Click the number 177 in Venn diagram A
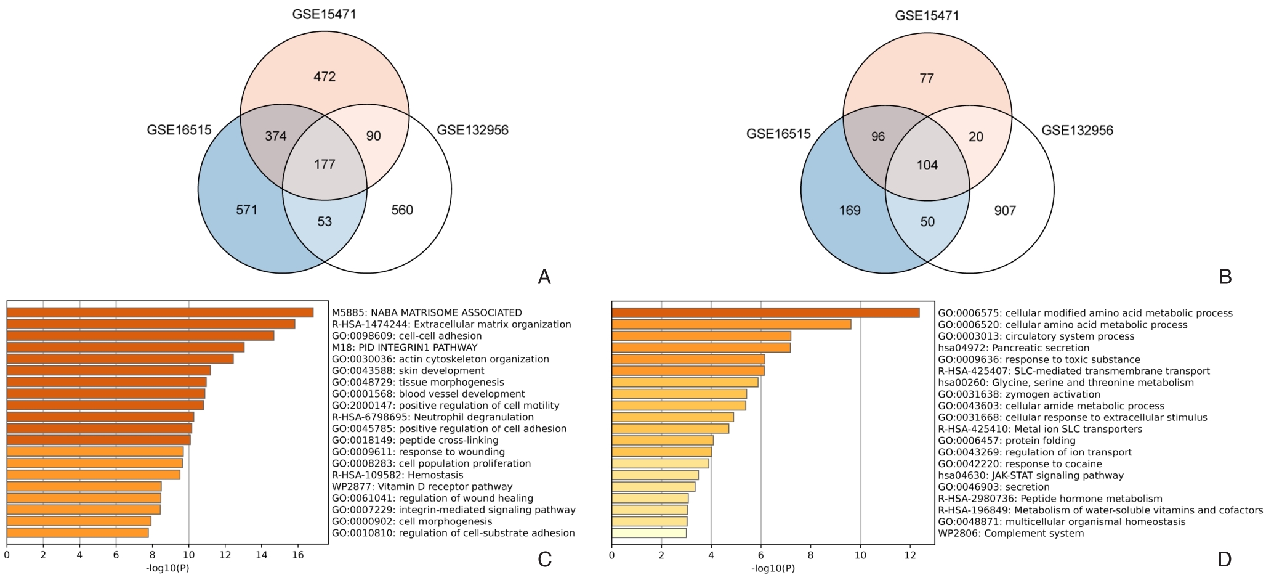[325, 165]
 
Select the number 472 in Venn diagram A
[325, 77]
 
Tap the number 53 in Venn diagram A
[325, 221]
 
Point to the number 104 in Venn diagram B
[927, 165]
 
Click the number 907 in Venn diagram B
[1005, 211]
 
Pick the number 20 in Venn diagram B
[976, 136]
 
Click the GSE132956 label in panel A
[472, 130]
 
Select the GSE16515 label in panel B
[778, 134]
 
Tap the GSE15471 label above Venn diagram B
[927, 15]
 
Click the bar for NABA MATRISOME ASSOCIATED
[160, 312]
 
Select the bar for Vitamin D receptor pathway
[84, 486]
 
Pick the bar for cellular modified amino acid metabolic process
[765, 313]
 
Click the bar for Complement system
[649, 533]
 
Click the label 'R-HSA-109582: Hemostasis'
[397, 475]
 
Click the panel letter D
[1224, 559]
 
